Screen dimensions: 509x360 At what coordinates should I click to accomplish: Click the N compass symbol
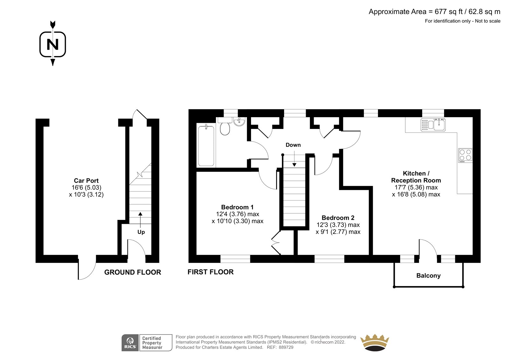click(x=53, y=44)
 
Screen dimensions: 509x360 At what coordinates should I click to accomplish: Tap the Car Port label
click(x=86, y=180)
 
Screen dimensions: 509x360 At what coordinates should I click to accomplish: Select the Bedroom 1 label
click(x=237, y=207)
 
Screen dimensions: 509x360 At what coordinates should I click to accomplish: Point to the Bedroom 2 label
click(x=338, y=218)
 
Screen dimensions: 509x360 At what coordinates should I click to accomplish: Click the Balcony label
click(x=428, y=276)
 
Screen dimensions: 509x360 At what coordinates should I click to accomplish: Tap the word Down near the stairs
click(x=293, y=145)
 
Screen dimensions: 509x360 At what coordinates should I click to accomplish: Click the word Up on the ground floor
click(x=141, y=232)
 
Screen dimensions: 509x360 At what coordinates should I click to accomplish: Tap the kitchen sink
click(x=433, y=125)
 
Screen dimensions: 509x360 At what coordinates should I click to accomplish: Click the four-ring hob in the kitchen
click(x=465, y=155)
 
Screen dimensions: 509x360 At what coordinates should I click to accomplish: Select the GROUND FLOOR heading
click(x=132, y=272)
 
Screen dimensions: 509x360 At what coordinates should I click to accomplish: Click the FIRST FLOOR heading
click(x=210, y=272)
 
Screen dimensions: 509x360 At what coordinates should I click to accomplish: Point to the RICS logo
click(x=130, y=343)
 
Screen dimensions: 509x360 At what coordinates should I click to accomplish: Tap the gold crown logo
click(x=375, y=342)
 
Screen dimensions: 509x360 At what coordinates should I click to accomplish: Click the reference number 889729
click(x=286, y=347)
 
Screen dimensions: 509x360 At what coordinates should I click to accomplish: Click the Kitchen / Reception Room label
click(x=416, y=177)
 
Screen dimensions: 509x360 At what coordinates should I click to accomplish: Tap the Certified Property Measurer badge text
click(x=152, y=343)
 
